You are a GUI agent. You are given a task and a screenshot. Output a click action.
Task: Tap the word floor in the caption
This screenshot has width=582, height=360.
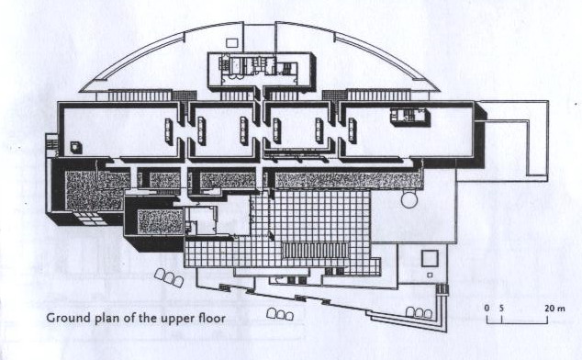(x=211, y=318)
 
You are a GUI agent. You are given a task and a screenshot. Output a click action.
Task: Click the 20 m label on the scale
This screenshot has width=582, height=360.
(x=554, y=309)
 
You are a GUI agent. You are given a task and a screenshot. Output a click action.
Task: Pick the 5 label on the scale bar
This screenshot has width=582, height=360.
(x=501, y=309)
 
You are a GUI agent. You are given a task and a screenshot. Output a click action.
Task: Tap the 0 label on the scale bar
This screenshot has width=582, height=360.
(x=487, y=309)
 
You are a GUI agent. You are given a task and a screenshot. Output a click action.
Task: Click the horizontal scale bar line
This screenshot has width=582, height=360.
(x=517, y=323)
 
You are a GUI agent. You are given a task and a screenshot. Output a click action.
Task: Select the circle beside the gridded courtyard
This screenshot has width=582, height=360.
(x=409, y=199)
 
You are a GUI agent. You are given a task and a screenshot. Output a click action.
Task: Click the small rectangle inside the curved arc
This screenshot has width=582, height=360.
(x=232, y=43)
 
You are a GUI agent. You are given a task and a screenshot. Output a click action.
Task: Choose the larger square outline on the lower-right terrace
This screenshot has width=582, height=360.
(x=430, y=258)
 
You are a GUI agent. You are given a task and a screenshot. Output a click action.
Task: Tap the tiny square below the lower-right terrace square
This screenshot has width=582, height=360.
(x=430, y=276)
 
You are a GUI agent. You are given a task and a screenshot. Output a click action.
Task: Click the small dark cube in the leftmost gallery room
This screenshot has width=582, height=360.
(x=76, y=148)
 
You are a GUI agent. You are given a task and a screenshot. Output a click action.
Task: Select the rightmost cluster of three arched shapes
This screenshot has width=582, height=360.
(x=419, y=312)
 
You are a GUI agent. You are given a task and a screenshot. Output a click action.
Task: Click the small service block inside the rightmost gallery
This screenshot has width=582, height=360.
(x=409, y=117)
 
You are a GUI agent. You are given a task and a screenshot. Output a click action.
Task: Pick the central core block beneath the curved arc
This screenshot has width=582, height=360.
(x=261, y=71)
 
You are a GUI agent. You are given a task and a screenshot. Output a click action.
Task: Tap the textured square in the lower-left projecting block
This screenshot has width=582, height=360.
(x=161, y=221)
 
